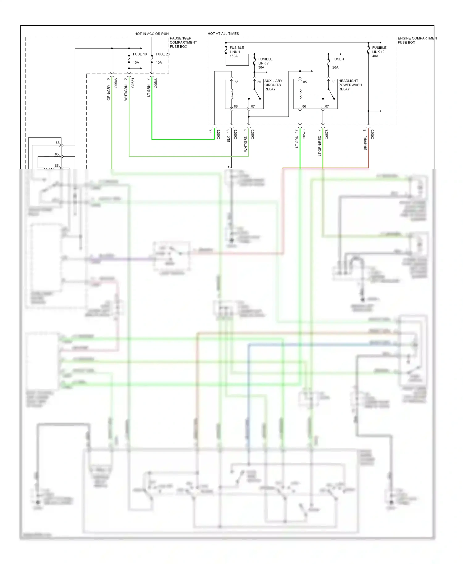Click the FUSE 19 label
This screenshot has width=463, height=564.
140,54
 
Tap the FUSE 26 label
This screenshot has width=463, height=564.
162,54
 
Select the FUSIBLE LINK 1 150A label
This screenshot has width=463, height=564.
236,52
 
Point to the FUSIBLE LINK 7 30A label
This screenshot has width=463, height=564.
265,63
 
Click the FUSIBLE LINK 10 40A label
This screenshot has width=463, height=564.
379,52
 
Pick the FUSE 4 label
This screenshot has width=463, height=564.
338,59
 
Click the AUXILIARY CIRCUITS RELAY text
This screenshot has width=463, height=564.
273,85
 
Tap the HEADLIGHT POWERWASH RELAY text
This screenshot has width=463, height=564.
350,85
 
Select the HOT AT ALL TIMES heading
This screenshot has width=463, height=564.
223,34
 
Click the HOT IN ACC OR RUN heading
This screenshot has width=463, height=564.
152,34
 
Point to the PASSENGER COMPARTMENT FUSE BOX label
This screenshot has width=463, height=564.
183,43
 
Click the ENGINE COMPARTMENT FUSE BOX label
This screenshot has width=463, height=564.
418,40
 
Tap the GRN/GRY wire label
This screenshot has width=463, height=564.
109,93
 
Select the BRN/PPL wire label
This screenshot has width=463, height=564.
365,143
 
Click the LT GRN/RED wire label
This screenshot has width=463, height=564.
320,146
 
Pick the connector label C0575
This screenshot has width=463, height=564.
373,134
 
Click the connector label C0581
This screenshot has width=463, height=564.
133,83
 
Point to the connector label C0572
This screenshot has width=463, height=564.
253,134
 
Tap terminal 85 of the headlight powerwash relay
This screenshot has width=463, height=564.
305,82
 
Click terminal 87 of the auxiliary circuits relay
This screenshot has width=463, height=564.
252,106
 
